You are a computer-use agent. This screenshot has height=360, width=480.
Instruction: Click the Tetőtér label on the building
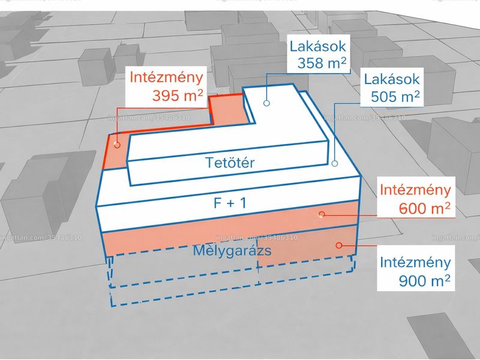(230, 163)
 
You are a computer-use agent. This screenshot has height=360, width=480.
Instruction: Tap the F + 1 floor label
(230, 203)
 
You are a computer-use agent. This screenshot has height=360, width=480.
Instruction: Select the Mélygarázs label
(232, 250)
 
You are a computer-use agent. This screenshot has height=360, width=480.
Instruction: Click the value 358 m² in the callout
(322, 63)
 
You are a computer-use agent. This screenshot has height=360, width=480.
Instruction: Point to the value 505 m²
(395, 97)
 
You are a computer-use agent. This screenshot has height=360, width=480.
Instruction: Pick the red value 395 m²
(178, 95)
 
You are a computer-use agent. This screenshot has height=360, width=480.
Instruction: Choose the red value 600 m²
(425, 208)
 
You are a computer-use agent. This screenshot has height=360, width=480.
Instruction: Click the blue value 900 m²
(425, 280)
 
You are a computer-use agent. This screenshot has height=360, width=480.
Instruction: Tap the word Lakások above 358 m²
(318, 46)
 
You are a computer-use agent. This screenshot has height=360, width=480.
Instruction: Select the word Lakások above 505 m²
(392, 79)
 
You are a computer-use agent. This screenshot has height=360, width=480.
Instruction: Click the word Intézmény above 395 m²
(166, 77)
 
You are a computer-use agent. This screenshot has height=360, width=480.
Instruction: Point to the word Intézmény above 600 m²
(415, 190)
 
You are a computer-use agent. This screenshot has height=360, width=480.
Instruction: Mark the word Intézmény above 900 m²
(415, 262)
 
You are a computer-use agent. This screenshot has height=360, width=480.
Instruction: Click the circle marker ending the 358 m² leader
(266, 103)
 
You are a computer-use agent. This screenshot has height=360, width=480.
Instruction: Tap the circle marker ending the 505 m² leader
(335, 163)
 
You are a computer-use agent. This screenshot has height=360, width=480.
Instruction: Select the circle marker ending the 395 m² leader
(117, 145)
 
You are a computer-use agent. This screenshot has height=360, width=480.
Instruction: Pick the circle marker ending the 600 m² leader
(322, 214)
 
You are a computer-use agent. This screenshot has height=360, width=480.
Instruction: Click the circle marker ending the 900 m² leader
(338, 245)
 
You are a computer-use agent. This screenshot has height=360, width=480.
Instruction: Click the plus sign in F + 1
(229, 203)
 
